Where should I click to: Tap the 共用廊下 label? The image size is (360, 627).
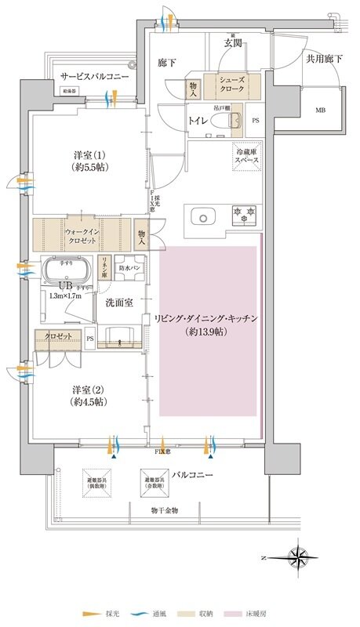[x=324, y=58]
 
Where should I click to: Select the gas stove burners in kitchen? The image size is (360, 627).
[x=244, y=213]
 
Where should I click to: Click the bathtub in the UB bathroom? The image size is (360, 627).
[x=68, y=272]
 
